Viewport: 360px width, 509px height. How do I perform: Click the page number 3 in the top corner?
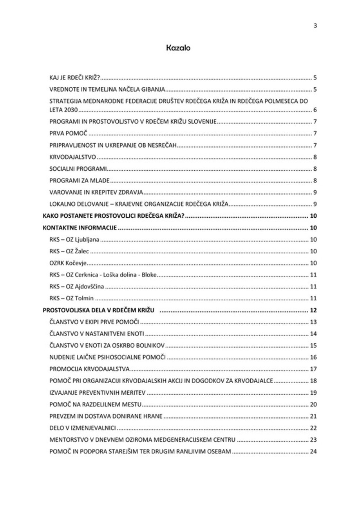315,26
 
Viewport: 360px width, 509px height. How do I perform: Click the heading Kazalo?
178,49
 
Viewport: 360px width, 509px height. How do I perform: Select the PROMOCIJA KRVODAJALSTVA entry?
90,369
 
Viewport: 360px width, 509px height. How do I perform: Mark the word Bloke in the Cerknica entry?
149,275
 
